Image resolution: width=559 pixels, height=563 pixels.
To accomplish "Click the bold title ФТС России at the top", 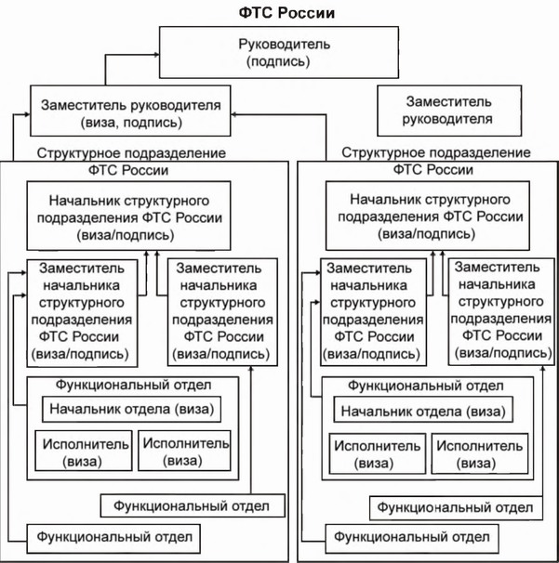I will [x=279, y=13].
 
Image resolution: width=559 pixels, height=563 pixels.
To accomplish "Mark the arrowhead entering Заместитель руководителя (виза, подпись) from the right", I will [x=236, y=112].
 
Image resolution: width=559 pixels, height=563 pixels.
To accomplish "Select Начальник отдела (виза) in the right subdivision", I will [x=423, y=412].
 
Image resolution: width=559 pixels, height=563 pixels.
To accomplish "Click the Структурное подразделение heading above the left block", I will [x=132, y=152].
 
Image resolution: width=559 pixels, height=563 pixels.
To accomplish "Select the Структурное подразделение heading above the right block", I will [x=436, y=152].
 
